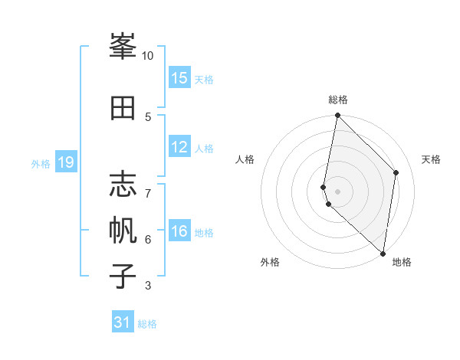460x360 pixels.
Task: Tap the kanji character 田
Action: tap(123, 109)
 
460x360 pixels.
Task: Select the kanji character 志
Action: tap(123, 185)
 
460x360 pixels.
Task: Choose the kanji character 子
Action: tap(123, 274)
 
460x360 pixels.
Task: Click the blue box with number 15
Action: tap(179, 78)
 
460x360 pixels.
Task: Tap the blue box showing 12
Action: tap(179, 147)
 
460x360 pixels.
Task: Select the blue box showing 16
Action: tap(179, 231)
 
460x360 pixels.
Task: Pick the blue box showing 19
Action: tap(66, 162)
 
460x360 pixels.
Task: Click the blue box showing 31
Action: tap(123, 322)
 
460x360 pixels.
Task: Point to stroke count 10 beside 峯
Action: tap(148, 56)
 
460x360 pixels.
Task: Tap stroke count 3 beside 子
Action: tap(148, 286)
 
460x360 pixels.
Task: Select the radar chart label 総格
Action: tap(338, 100)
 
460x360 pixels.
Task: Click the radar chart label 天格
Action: tap(432, 159)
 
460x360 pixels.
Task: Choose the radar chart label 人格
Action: tap(245, 159)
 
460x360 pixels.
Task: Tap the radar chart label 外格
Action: tap(270, 262)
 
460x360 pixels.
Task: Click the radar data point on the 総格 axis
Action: tap(337, 116)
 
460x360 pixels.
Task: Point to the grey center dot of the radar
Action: tap(337, 191)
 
